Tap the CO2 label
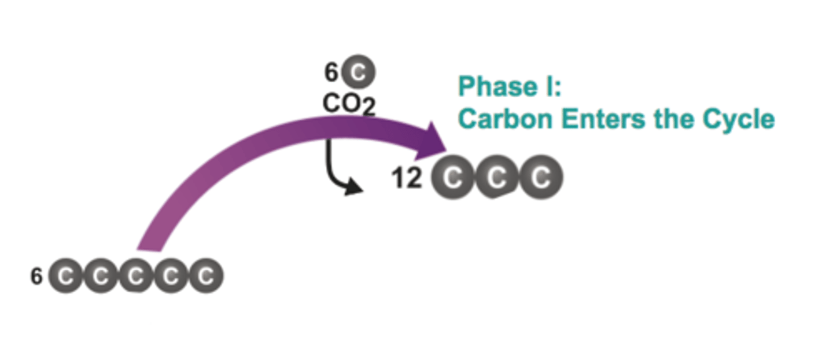tap(349, 105)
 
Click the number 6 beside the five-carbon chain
tap(37, 277)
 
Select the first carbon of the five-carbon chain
tap(66, 277)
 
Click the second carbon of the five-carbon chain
tap(101, 277)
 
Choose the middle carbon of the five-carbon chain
tap(135, 277)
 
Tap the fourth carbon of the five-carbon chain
tap(171, 277)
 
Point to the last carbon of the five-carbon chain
tap(205, 277)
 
